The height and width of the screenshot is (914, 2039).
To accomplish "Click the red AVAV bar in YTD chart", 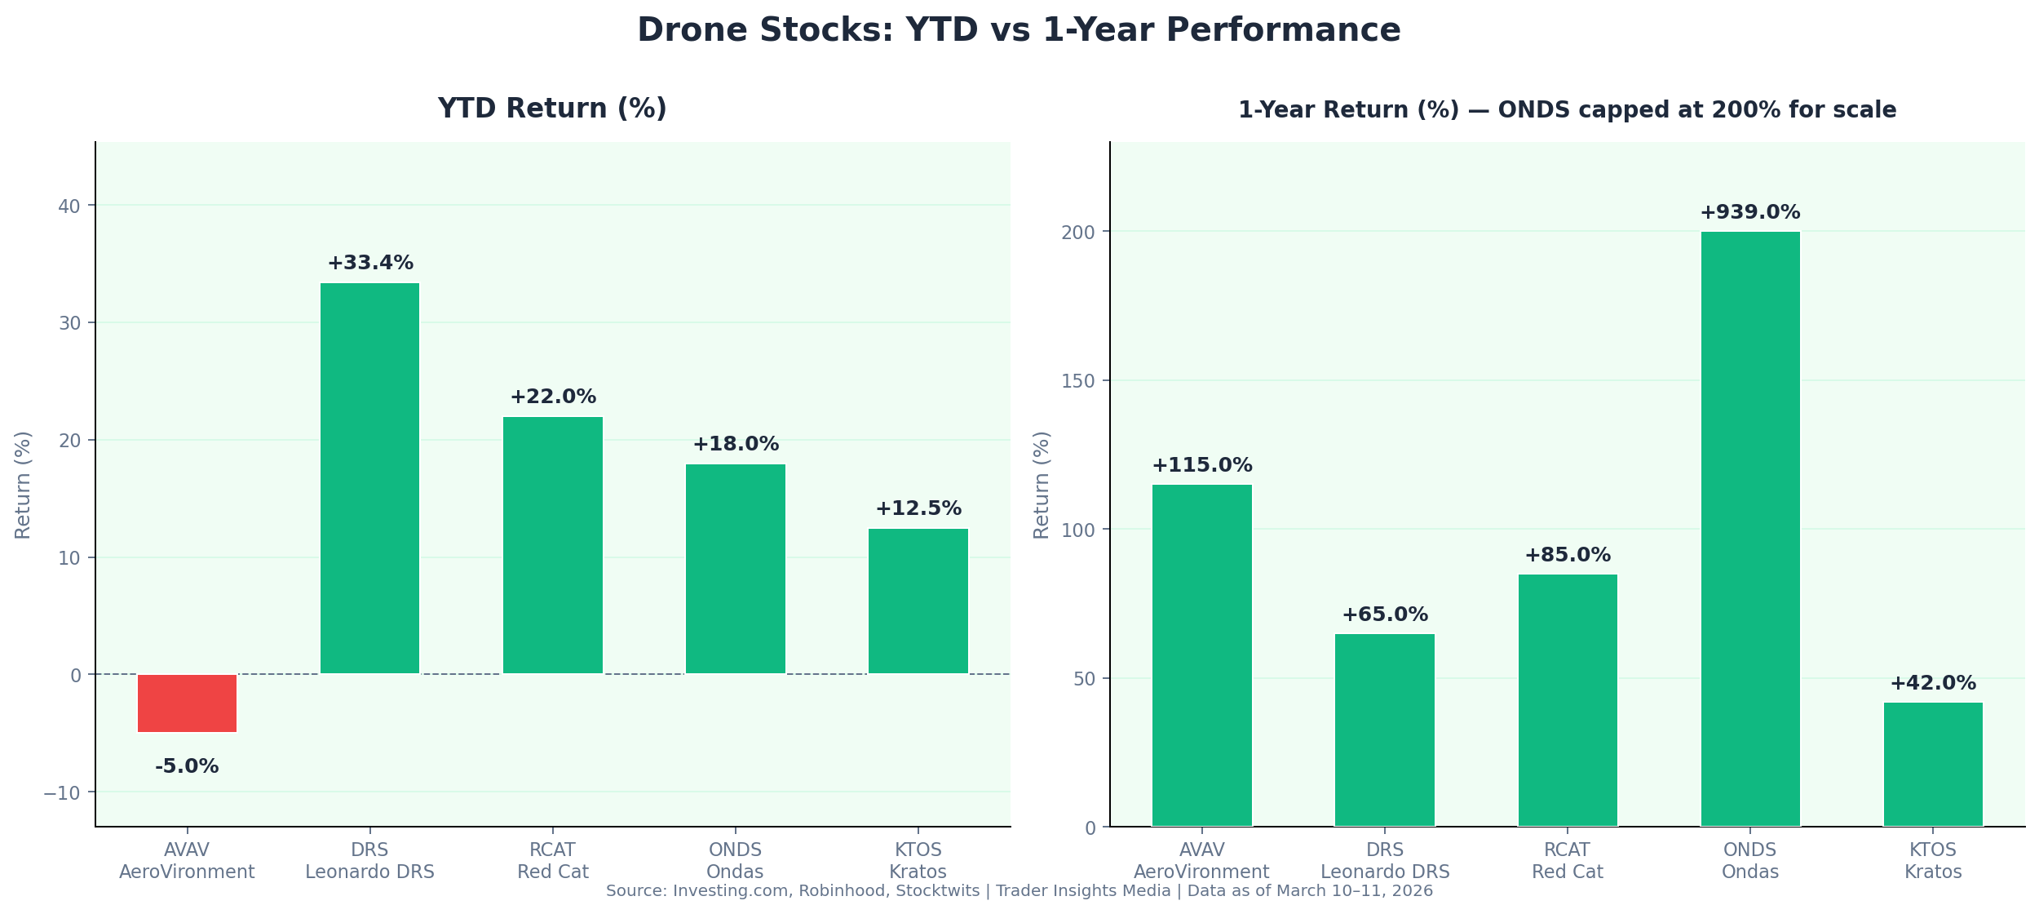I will tap(187, 703).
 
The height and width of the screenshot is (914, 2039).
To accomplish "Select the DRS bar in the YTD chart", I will tap(369, 478).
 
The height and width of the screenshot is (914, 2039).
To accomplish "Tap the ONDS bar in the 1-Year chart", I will tap(1750, 529).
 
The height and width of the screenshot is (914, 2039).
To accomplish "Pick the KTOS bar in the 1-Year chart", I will tap(1933, 764).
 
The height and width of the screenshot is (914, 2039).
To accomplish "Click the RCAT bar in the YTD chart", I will tap(552, 545).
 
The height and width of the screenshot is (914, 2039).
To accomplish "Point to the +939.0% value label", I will tap(1750, 213).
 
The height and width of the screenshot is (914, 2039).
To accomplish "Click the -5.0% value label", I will tap(187, 767).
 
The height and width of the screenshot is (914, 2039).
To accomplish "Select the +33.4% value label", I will tap(370, 264).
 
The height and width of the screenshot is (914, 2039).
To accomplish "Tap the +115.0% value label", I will tap(1201, 466).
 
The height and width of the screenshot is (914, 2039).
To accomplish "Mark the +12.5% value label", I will tap(918, 509).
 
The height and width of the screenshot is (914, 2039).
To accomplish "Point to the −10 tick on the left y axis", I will tap(62, 793).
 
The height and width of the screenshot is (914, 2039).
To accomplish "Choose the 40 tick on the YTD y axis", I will tap(69, 206).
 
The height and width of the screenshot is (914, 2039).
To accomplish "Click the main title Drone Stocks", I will tap(1019, 30).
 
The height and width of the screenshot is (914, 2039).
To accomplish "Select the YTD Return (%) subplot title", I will tap(552, 109).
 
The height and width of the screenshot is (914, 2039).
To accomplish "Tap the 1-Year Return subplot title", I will tap(1567, 110).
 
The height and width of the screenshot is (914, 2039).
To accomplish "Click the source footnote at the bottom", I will tap(1019, 891).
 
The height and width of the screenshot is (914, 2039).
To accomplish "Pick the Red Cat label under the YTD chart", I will tap(552, 872).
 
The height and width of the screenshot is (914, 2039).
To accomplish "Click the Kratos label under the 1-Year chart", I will tap(1933, 872).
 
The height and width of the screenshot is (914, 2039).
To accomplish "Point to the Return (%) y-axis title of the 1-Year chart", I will tap(1042, 485).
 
